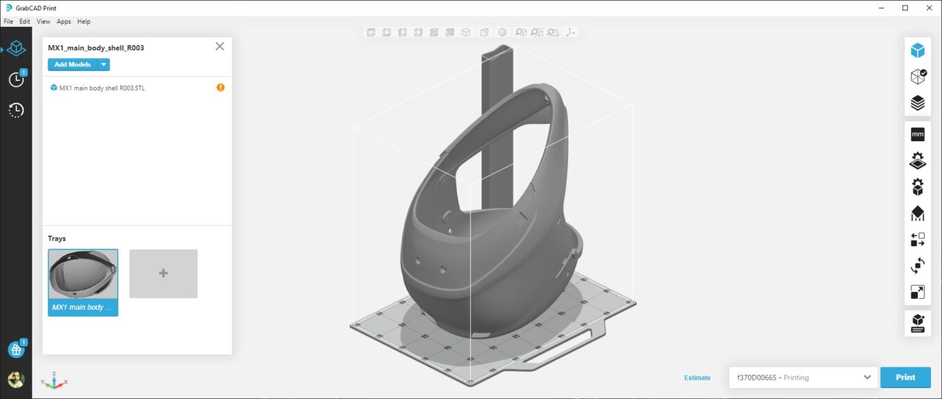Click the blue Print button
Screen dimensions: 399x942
pyautogui.click(x=905, y=378)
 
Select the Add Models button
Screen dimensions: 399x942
pyautogui.click(x=72, y=64)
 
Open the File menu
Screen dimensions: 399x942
pyautogui.click(x=8, y=21)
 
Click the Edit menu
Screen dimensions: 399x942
pyautogui.click(x=25, y=21)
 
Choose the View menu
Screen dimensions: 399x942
pyautogui.click(x=43, y=21)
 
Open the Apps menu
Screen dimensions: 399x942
pyautogui.click(x=64, y=21)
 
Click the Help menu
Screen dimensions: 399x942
pyautogui.click(x=84, y=21)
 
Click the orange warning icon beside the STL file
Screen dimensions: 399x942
pyautogui.click(x=220, y=88)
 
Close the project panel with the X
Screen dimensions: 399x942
pyautogui.click(x=220, y=46)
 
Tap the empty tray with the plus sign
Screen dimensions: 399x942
pyautogui.click(x=163, y=274)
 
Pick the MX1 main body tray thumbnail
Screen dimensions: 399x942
pyautogui.click(x=83, y=282)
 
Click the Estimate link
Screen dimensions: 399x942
pyautogui.click(x=697, y=378)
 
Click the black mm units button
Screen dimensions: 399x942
pyautogui.click(x=918, y=134)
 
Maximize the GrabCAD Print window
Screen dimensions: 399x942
pyautogui.click(x=905, y=8)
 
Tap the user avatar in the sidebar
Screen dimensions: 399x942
pyautogui.click(x=15, y=379)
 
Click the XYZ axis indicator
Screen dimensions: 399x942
pyautogui.click(x=54, y=380)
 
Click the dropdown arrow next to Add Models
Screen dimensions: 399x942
pyautogui.click(x=103, y=64)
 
